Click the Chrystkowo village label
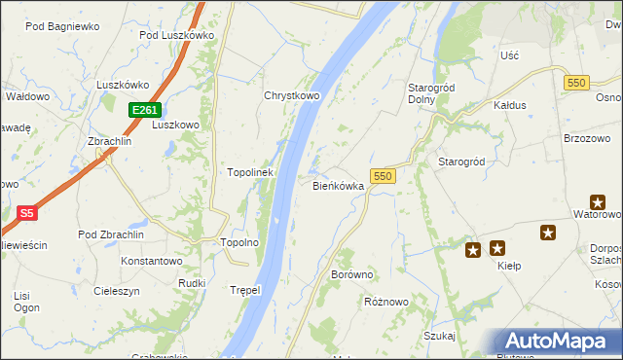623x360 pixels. [292, 96]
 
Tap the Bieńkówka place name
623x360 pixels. [338, 185]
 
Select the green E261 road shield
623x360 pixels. [143, 111]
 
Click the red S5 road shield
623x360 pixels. [26, 212]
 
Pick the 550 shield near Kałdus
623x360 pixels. [574, 83]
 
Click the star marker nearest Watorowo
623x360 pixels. [548, 233]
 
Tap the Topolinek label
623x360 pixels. [249, 172]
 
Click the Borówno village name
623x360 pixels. [352, 274]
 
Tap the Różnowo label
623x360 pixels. [385, 302]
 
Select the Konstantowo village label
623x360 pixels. [152, 261]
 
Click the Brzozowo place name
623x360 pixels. [586, 139]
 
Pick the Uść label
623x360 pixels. [509, 55]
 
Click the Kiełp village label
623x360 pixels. [510, 266]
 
